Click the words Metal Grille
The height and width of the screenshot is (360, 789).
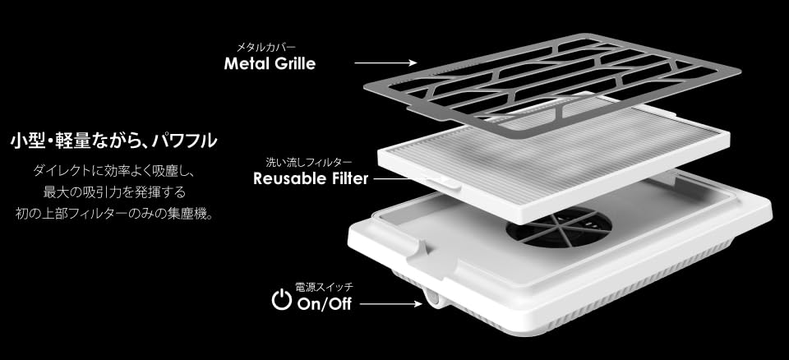pyautogui.click(x=270, y=64)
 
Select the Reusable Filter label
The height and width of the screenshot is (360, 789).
pyautogui.click(x=311, y=178)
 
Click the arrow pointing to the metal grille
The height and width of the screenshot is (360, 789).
pyautogui.click(x=385, y=62)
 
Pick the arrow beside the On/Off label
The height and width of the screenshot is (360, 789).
pyautogui.click(x=390, y=305)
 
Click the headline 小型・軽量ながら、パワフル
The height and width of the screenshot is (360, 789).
pyautogui.click(x=113, y=141)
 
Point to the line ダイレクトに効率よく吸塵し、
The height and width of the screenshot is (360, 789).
pyautogui.click(x=113, y=173)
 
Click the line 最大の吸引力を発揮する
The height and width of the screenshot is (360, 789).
pyautogui.click(x=113, y=193)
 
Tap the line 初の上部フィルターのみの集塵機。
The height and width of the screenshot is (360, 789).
pyautogui.click(x=113, y=215)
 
